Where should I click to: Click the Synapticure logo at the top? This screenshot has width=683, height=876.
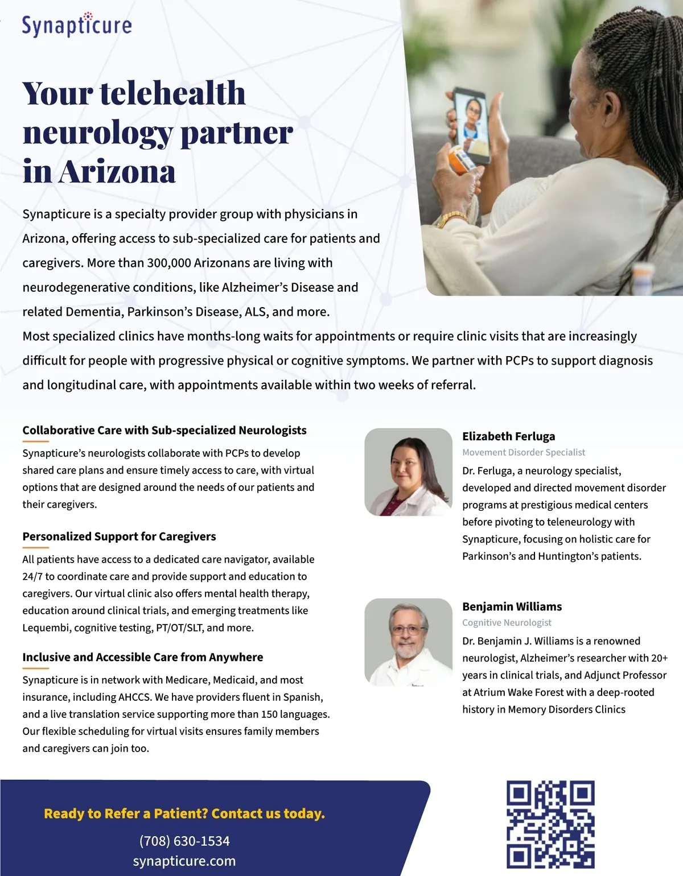tap(77, 25)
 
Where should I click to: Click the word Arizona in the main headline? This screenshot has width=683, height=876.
tap(117, 172)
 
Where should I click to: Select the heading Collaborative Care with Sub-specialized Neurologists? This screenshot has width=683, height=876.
tap(164, 430)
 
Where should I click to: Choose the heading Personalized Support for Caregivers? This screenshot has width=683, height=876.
tap(119, 536)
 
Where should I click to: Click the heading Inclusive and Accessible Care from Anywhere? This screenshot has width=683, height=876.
tap(142, 657)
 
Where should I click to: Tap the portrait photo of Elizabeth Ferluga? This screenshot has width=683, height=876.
tap(408, 472)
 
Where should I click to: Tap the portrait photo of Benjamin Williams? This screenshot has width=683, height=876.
tap(408, 642)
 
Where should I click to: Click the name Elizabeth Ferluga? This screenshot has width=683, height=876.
tap(508, 436)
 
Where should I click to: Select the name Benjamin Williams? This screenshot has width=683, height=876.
tap(512, 606)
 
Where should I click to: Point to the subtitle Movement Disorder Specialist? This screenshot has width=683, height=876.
tap(524, 452)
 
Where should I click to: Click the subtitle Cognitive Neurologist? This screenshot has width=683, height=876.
tap(507, 622)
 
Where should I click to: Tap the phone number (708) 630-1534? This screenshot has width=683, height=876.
tap(184, 841)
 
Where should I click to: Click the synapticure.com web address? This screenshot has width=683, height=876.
tap(184, 861)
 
